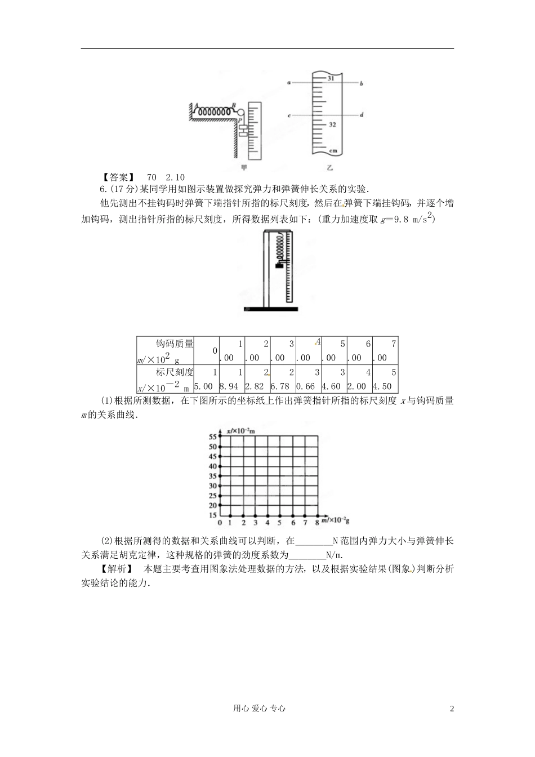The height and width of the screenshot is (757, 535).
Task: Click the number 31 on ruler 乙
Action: click(x=331, y=79)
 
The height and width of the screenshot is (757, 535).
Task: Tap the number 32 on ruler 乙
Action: click(x=332, y=124)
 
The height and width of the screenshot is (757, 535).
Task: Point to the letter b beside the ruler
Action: click(x=361, y=83)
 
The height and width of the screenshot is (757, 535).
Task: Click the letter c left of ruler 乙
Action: click(x=289, y=115)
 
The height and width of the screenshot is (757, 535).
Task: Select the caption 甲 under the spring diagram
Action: click(x=243, y=167)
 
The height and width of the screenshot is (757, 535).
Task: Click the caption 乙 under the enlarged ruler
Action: click(x=329, y=167)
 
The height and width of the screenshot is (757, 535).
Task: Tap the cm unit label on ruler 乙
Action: click(x=333, y=150)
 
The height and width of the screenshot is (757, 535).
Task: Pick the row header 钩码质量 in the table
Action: click(x=175, y=344)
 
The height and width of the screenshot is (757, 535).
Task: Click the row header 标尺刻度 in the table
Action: click(x=175, y=372)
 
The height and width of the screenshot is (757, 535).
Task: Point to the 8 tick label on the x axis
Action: click(x=317, y=523)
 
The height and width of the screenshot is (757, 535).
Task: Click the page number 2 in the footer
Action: click(x=452, y=709)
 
